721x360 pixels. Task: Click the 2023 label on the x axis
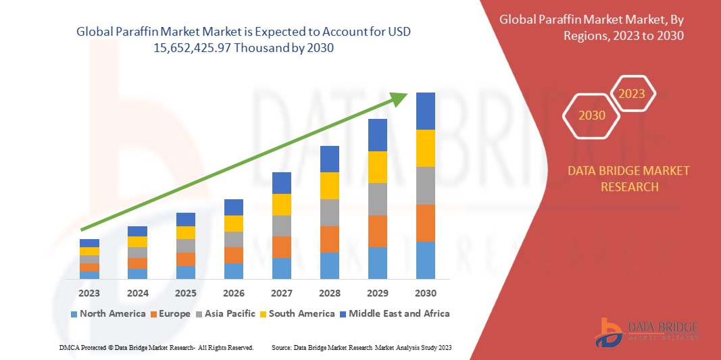pos(89,293)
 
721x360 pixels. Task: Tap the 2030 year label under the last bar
pos(425,293)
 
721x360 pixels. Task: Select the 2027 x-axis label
pos(281,293)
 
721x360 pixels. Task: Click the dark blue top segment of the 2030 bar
pos(425,111)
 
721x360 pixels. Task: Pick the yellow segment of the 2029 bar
pos(377,167)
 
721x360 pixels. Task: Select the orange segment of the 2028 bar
pos(329,239)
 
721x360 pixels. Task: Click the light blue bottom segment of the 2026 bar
pos(233,271)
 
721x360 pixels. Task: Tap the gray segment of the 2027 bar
pos(281,226)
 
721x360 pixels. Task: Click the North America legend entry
pos(108,313)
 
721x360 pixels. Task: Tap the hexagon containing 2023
pos(632,94)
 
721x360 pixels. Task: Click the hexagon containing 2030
pos(592,115)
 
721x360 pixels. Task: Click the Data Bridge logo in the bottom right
pos(646,331)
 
